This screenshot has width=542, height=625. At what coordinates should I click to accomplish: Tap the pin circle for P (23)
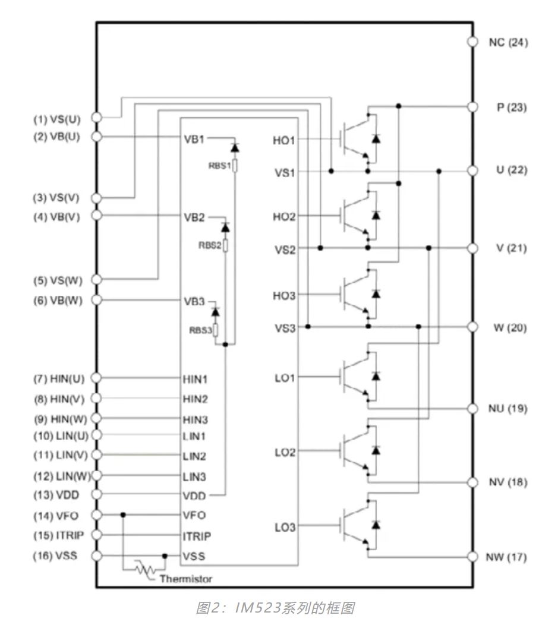[x=473, y=106]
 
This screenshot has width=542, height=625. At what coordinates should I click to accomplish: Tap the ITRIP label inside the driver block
[x=196, y=535]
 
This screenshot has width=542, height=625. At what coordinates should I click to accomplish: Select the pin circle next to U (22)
[x=473, y=171]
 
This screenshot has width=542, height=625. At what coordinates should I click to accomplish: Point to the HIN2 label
[x=195, y=397]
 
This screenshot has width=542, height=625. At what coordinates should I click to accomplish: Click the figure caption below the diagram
[x=270, y=609]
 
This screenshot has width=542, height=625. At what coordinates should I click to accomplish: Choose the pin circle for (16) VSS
[x=99, y=556]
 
